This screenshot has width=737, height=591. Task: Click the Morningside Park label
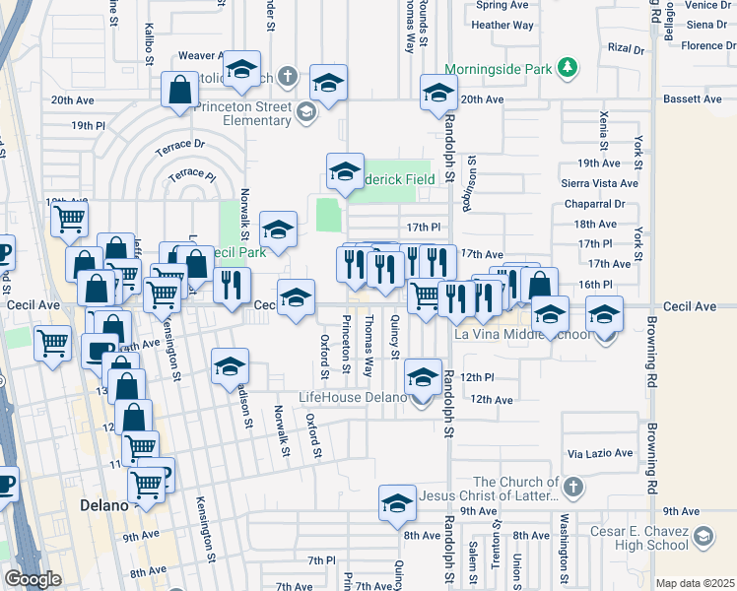tap(500, 69)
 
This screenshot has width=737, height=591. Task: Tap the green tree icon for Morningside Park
tap(567, 68)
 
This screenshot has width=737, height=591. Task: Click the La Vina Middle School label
tap(522, 334)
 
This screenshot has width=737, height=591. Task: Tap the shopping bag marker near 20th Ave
tap(182, 90)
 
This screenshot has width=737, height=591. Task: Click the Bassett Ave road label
tap(693, 99)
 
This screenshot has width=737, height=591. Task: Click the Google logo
tap(33, 579)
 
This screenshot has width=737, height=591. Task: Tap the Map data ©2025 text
tap(695, 583)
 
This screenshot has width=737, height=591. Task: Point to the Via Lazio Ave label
tap(600, 453)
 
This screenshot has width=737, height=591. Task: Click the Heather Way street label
tap(502, 25)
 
